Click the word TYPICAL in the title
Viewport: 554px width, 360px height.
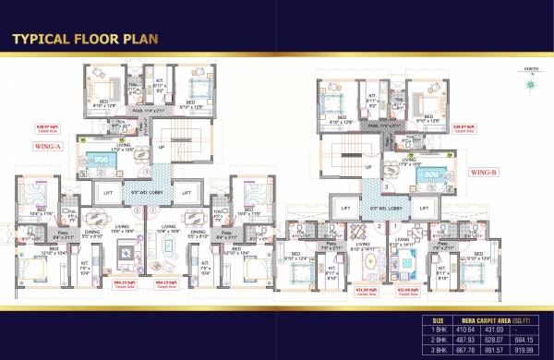coord(46,40)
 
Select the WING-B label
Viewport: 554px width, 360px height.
coord(484,173)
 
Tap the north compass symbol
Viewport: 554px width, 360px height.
coord(532,86)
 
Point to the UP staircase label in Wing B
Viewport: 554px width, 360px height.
coord(367,167)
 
